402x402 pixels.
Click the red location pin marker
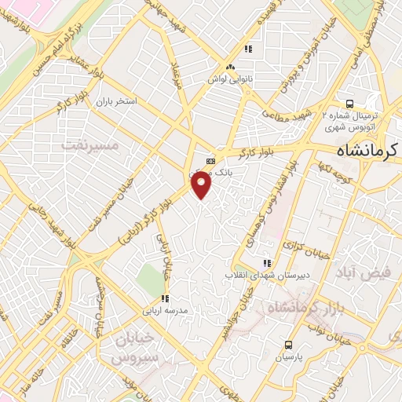click(202, 185)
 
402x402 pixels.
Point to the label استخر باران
click(116, 102)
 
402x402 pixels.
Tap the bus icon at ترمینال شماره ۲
click(349, 103)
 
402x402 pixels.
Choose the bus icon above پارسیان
click(288, 344)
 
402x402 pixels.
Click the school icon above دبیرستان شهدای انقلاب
click(267, 263)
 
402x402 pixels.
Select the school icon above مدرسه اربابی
click(164, 298)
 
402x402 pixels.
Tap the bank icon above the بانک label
click(210, 160)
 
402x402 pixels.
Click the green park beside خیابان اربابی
click(147, 276)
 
